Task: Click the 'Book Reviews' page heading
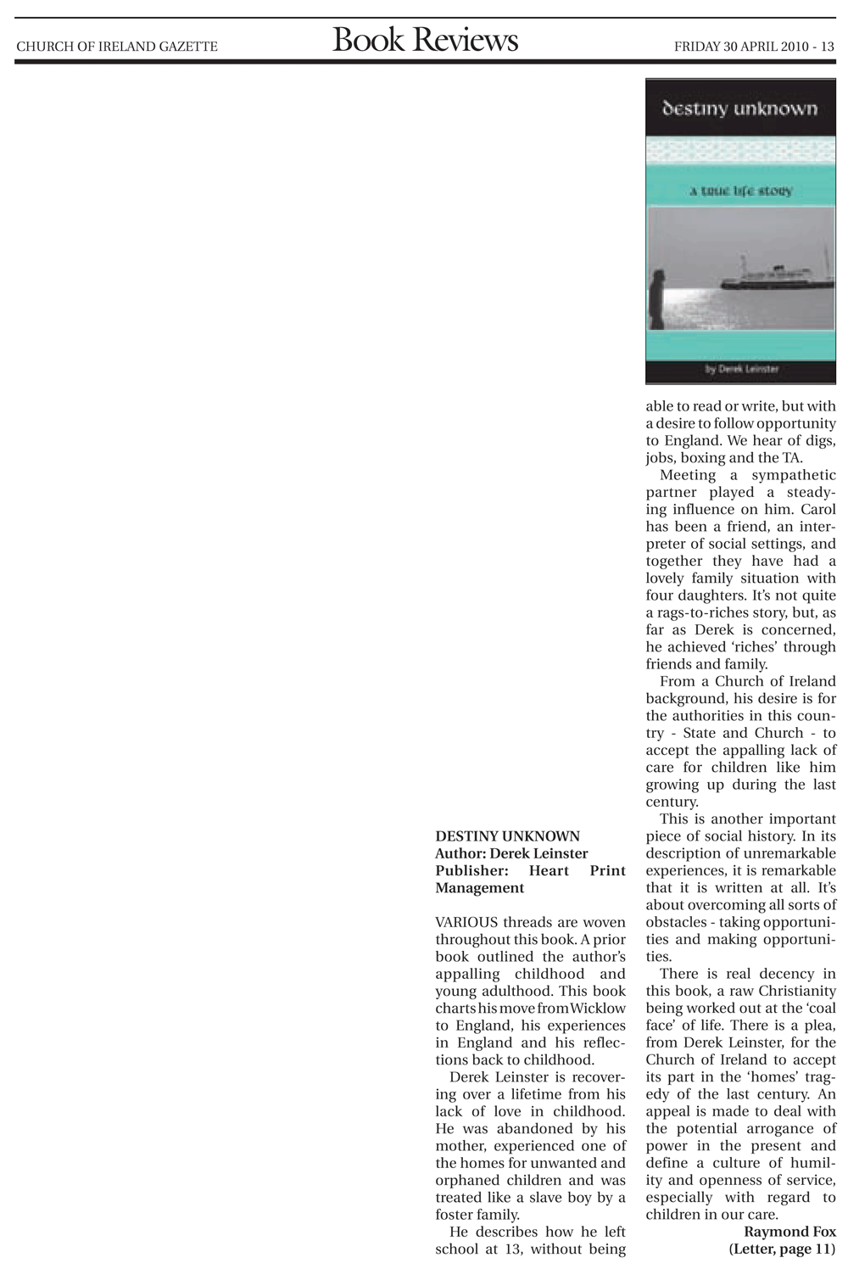425,41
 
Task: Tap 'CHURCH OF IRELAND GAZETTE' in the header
117,47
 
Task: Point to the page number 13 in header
828,47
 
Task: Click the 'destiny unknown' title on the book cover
739,109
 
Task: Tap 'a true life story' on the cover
740,191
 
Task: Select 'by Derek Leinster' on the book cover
741,369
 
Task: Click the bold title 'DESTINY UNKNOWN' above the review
507,836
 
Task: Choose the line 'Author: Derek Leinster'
511,853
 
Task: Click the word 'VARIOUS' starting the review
466,922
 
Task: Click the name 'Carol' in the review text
817,509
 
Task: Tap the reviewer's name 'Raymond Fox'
789,1232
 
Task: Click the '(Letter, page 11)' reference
782,1249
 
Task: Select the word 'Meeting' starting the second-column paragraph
688,475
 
